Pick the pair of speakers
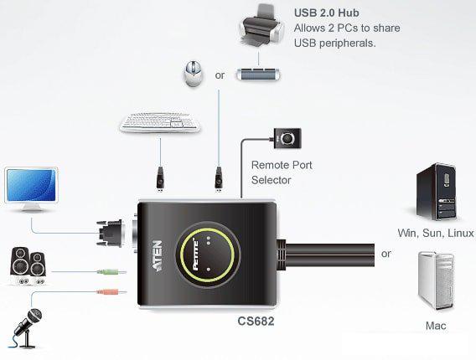pos(29,266)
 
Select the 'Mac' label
pos(436,325)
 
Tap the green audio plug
pos(108,271)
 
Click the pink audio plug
pos(108,292)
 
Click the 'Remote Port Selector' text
pos(282,172)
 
